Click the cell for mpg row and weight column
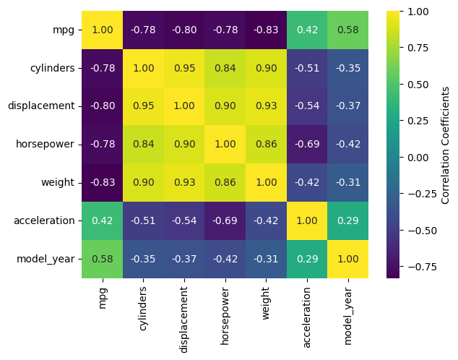point(265,30)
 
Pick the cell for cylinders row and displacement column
point(183,68)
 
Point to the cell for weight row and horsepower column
point(224,182)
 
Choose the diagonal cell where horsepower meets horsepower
point(224,144)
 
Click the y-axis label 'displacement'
point(41,106)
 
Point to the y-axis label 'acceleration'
point(43,220)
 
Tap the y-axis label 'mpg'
point(64,30)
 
